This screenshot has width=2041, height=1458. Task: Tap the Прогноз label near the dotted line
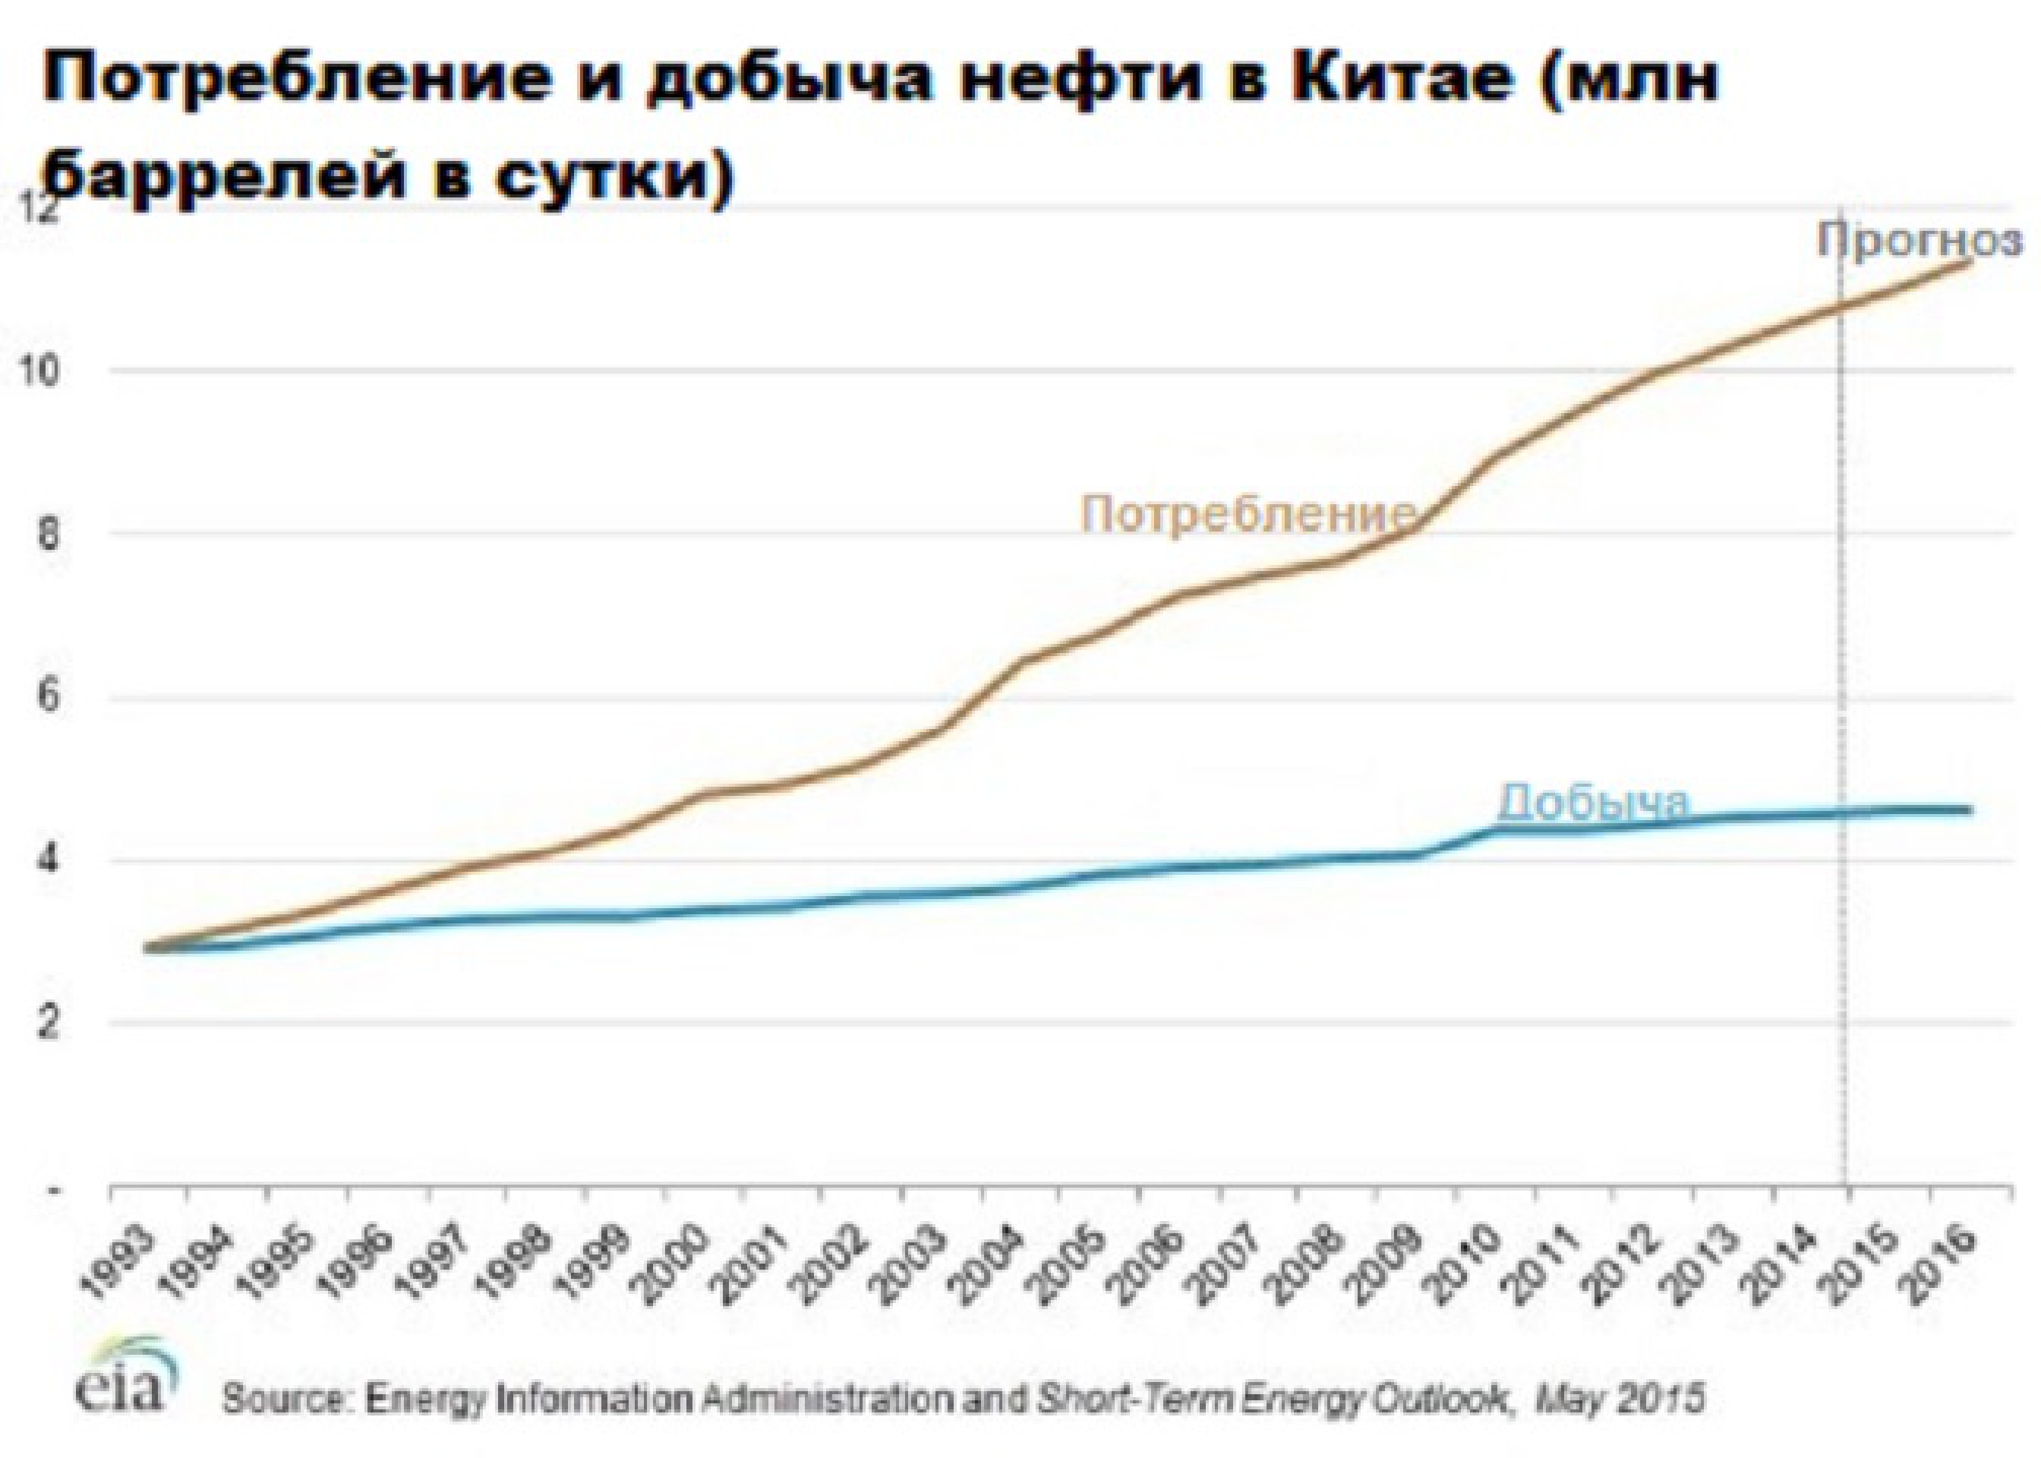coord(1920,241)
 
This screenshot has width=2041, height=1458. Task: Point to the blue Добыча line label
coord(1593,802)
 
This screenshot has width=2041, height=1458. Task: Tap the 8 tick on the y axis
coord(50,535)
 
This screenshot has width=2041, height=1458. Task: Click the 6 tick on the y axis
coord(50,699)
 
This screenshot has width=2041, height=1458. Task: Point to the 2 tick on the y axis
coord(50,1023)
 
